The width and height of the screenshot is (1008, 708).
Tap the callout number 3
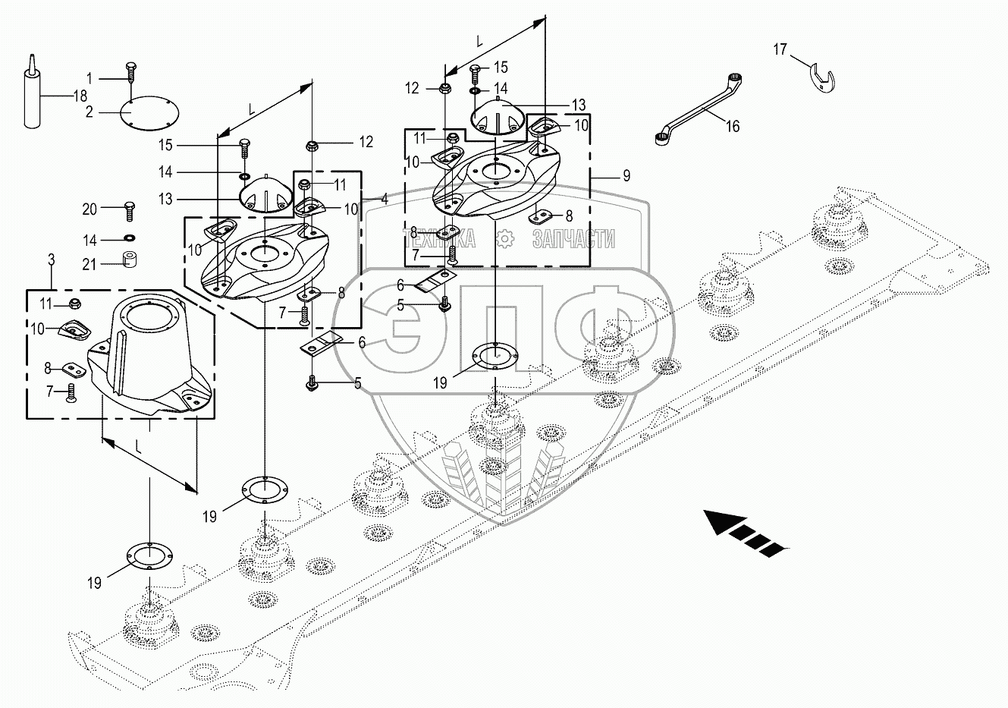click(52, 260)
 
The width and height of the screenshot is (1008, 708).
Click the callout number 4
click(385, 200)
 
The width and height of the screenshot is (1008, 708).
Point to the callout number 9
click(626, 176)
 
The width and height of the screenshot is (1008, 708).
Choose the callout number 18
click(79, 96)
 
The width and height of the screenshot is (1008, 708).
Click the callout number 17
click(780, 50)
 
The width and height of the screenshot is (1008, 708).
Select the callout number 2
click(89, 112)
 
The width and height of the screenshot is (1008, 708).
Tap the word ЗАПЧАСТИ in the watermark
click(573, 241)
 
